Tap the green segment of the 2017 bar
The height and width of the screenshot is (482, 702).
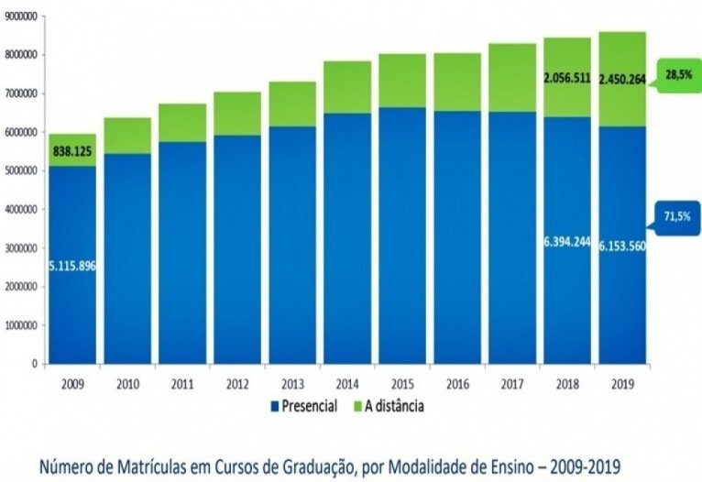point(511,78)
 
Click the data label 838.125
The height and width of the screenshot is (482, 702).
point(72,150)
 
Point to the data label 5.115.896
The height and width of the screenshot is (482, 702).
point(72,266)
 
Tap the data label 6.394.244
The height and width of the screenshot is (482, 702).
point(566,245)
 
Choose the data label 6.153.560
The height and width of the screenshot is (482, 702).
point(621,246)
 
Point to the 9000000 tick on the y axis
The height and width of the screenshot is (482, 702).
point(21,16)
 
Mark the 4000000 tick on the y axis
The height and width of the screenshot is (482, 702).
point(21,209)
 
